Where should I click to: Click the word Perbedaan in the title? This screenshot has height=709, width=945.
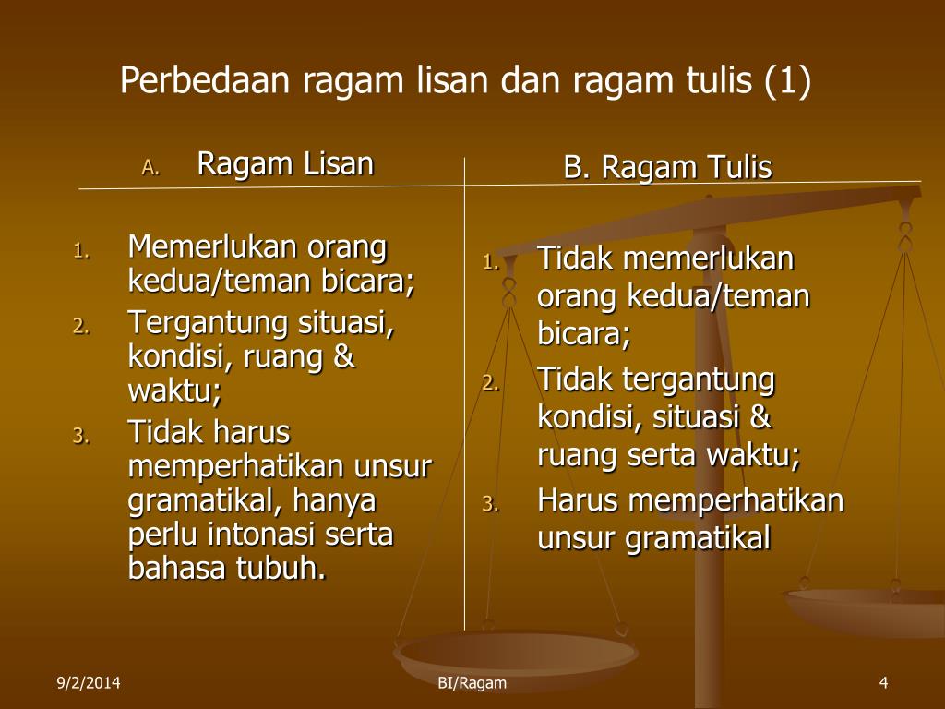[205, 79]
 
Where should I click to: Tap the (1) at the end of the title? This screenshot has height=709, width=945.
[787, 81]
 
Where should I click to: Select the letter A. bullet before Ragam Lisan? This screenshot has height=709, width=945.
[150, 167]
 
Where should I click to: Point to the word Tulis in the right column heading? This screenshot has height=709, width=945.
[739, 167]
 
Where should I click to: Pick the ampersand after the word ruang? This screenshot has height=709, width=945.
[343, 355]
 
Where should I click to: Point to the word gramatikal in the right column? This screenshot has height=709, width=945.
[698, 539]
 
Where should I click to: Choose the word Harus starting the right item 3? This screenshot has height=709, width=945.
[578, 499]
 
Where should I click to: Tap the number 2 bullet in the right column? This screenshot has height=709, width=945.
[490, 383]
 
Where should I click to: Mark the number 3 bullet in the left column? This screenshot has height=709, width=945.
[80, 436]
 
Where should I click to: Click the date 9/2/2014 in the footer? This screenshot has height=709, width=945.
[88, 682]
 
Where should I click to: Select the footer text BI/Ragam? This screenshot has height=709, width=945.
[472, 683]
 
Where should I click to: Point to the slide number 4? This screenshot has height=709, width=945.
[883, 682]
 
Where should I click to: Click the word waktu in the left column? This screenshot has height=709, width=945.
[170, 391]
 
